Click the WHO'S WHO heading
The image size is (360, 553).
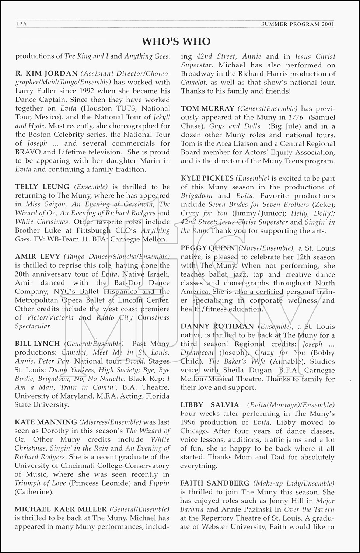click(x=176, y=41)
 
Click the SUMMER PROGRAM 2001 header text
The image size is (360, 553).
click(x=297, y=24)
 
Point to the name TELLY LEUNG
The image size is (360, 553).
click(x=42, y=187)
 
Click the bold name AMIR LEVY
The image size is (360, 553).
click(x=37, y=257)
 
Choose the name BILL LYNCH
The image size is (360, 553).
click(x=37, y=344)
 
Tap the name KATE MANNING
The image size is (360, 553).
click(x=46, y=422)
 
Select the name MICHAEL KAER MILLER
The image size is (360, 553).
click(x=60, y=509)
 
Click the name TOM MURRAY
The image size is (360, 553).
click(x=207, y=109)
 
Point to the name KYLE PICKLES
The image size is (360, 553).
click(x=207, y=178)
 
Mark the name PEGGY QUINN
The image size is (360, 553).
click(x=207, y=248)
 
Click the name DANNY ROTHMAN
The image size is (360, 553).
click(x=217, y=326)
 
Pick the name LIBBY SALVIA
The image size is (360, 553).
click(x=210, y=405)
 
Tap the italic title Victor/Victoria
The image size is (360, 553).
click(x=50, y=317)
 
